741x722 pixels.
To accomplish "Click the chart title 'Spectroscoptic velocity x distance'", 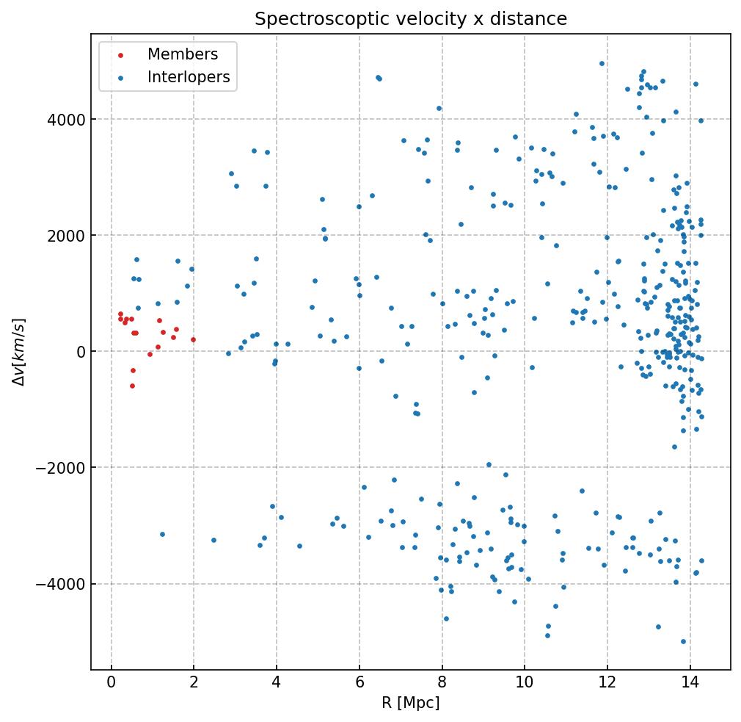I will [411, 19].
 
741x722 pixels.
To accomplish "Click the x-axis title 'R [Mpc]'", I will [411, 703].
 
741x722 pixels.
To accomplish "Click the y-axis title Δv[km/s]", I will [21, 352].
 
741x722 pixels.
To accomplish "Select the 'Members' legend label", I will [183, 55].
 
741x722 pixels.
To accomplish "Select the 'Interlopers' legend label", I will [189, 77].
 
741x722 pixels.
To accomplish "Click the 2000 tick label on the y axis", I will [65, 235].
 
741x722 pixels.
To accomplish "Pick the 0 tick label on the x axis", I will [111, 683].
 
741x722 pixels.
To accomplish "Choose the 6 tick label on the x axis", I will [359, 683].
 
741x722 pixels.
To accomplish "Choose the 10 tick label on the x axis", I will [525, 683].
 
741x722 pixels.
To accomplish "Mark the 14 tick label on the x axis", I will [690, 683].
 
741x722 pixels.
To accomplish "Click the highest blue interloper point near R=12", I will [602, 64].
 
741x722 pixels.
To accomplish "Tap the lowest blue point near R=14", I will [683, 641].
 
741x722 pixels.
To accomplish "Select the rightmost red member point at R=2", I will [194, 340].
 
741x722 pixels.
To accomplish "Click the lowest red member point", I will [132, 386].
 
